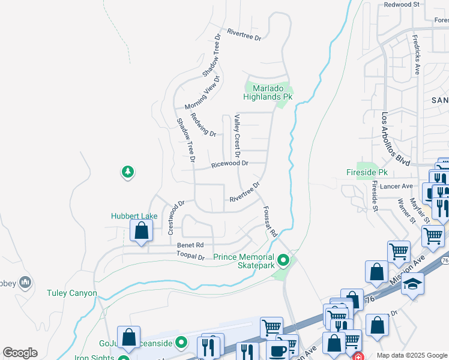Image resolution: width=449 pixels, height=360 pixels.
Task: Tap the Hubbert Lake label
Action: (x=134, y=216)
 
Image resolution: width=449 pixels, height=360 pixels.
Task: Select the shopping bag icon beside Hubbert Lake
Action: (x=141, y=230)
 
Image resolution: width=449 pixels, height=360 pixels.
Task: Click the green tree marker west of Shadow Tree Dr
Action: (x=127, y=173)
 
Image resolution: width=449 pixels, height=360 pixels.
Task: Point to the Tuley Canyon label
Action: (x=71, y=293)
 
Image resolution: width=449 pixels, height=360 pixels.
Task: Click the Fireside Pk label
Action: (x=367, y=172)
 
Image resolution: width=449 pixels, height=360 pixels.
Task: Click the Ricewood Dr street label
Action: (x=229, y=164)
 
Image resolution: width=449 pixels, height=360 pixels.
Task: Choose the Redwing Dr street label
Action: (x=203, y=124)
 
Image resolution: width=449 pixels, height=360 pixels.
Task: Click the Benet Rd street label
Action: (x=190, y=245)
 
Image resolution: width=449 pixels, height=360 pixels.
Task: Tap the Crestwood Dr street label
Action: (x=175, y=219)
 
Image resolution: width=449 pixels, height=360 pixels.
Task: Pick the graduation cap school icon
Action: (x=412, y=284)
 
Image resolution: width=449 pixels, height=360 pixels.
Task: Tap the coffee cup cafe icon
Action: (x=277, y=351)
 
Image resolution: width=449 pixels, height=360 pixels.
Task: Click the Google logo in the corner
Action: (x=20, y=353)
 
